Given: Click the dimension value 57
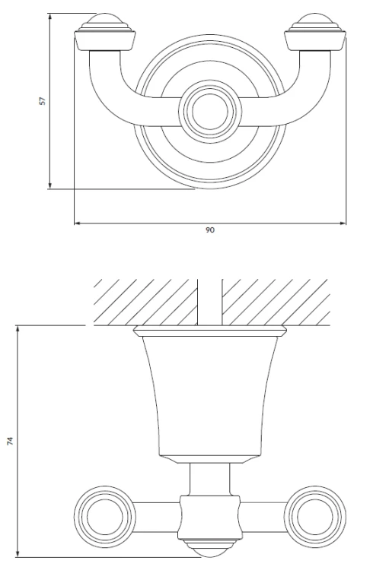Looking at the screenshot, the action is click(x=43, y=100).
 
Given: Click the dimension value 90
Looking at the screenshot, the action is click(x=210, y=230).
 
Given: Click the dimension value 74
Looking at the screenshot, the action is click(x=10, y=441).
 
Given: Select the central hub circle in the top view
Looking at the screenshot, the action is click(x=210, y=111).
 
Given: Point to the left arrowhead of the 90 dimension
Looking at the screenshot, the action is click(x=77, y=223).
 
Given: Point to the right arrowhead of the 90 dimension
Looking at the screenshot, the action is click(x=343, y=223).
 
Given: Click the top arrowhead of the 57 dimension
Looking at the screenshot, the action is click(x=50, y=17).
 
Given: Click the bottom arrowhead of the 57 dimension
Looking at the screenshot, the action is click(x=50, y=185).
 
